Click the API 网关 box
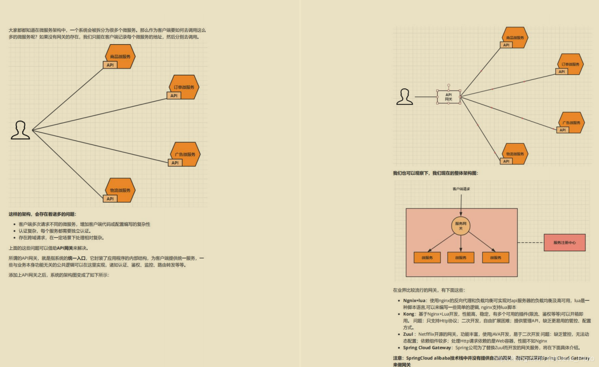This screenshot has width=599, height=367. point(448,97)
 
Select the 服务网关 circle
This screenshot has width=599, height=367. point(461,226)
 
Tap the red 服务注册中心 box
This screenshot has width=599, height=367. point(564,242)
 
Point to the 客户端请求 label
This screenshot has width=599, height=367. point(461,189)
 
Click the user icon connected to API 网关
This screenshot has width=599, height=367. point(404,97)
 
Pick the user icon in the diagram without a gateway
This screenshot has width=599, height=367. point(20,130)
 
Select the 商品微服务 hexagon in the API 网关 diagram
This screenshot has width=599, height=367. point(515,37)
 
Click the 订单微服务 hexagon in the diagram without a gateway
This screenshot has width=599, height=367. point(184,87)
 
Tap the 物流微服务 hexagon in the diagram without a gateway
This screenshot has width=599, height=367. point(120,190)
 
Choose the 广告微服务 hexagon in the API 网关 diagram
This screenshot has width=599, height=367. point(571,122)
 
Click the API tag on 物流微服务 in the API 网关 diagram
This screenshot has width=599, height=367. point(506,161)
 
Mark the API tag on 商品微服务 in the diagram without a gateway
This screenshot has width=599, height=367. point(110,65)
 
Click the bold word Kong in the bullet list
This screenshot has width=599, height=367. point(409,314)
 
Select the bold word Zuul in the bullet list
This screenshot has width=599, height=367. point(409,334)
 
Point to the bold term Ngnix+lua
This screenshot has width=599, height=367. point(414,300)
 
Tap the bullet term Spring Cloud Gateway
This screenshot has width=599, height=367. point(427,348)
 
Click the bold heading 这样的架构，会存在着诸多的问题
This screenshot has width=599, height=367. point(42,214)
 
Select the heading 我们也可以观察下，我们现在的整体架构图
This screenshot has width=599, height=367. point(435,173)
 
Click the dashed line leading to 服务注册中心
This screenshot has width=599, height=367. point(530,243)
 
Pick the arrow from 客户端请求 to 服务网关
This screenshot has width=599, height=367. point(461,205)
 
